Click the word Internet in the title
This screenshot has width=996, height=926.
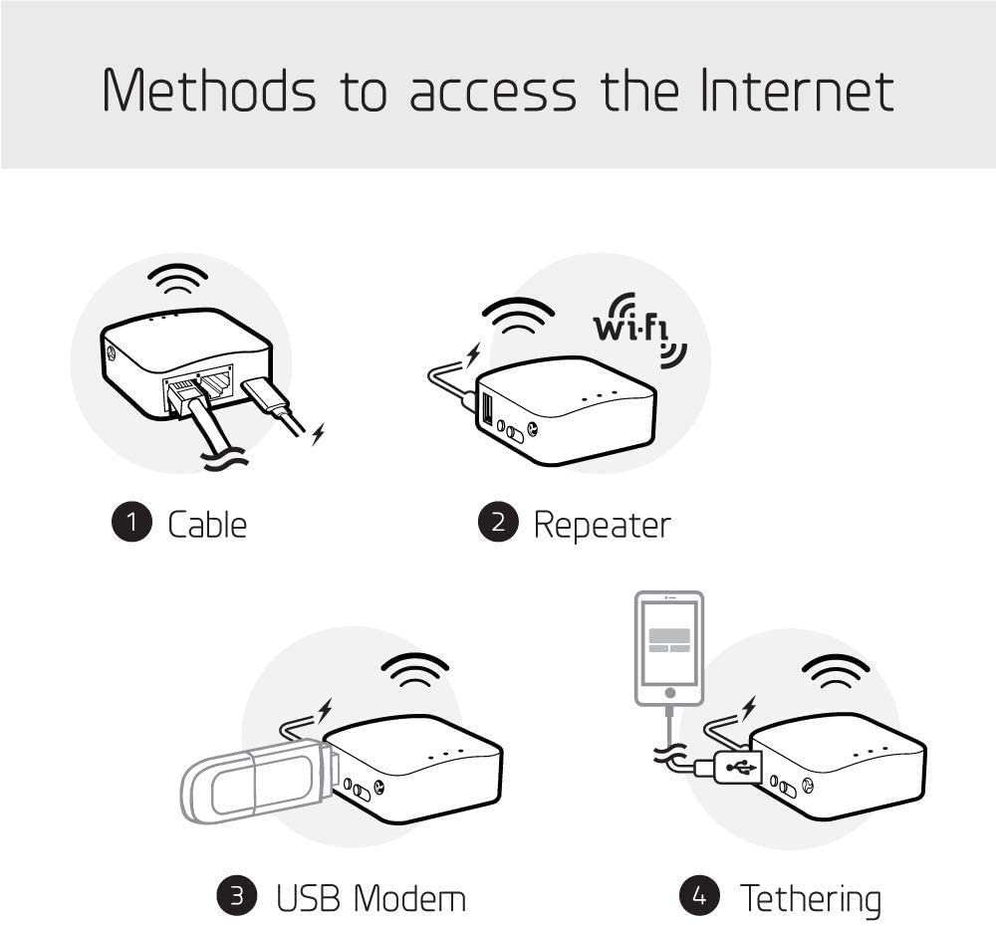[796, 91]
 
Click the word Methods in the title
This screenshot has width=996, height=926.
[210, 91]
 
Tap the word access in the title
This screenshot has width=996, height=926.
[493, 93]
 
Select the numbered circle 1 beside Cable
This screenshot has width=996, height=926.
[130, 524]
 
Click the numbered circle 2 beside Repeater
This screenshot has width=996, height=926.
[498, 524]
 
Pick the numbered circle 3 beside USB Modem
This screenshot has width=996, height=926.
[237, 897]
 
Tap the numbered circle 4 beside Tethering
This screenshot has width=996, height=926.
[700, 897]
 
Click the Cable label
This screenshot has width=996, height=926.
[207, 524]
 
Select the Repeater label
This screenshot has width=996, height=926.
[602, 524]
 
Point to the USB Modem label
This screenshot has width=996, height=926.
[371, 897]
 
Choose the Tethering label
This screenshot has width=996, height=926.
[810, 897]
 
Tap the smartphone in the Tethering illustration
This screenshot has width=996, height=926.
[669, 647]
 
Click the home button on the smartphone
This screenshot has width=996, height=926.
[669, 692]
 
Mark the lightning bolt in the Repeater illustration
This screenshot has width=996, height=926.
[473, 353]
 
